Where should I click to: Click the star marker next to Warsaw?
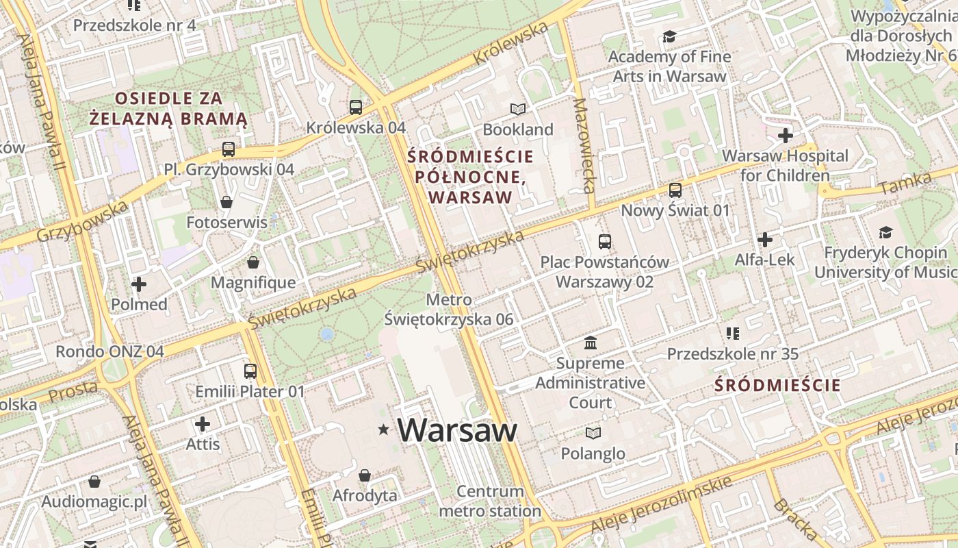[383, 429]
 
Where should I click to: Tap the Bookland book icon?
[518, 109]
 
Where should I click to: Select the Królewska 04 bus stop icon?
[356, 107]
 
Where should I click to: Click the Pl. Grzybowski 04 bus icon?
[229, 149]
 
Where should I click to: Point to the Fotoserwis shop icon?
[226, 202]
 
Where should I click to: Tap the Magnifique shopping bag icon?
[253, 262]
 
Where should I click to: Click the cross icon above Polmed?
[139, 284]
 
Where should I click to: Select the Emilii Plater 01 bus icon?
[250, 371]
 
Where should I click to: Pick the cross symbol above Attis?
[203, 423]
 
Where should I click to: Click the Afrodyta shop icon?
[365, 475]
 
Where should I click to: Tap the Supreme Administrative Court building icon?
[590, 342]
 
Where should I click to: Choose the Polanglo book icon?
[593, 433]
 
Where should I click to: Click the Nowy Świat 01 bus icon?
[675, 190]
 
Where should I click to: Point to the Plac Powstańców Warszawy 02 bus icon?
[605, 241]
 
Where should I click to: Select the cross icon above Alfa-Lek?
[765, 240]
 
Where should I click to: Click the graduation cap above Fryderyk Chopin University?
[885, 233]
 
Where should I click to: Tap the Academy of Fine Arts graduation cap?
[669, 36]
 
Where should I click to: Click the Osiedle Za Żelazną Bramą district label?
[168, 108]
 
